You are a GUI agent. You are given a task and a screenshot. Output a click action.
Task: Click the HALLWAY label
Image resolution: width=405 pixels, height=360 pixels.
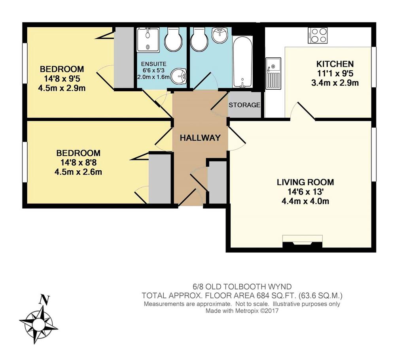[x=200, y=138]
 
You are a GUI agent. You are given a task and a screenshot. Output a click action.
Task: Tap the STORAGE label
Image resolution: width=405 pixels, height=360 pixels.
[x=244, y=105]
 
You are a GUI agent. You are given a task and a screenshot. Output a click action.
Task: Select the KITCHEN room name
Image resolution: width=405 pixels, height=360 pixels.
[x=335, y=64]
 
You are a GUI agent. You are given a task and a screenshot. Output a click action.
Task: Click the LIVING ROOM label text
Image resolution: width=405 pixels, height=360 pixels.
[x=305, y=182]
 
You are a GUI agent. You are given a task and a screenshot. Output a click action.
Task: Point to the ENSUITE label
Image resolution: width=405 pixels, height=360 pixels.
[x=154, y=64]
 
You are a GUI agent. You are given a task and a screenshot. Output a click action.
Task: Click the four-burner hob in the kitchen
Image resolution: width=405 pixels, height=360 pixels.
[x=318, y=35]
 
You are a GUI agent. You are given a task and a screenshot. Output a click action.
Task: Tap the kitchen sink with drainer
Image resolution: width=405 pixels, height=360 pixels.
[x=273, y=73]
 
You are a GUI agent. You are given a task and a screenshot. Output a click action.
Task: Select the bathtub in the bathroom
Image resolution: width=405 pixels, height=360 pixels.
[x=242, y=62]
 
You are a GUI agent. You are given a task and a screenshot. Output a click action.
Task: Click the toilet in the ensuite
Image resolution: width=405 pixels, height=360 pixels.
[x=173, y=40]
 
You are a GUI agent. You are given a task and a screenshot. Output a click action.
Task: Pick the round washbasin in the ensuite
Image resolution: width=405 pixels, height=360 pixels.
[x=179, y=76]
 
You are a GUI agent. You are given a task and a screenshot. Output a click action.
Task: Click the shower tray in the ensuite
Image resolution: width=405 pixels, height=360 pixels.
[x=148, y=40]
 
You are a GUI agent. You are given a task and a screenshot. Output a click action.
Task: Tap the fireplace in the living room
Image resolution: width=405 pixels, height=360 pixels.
[x=303, y=239]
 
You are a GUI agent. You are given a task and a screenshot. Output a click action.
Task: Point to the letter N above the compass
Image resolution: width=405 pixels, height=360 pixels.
[x=44, y=300]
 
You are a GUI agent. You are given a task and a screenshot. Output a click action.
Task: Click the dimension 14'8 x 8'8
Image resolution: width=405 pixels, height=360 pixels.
[x=79, y=162]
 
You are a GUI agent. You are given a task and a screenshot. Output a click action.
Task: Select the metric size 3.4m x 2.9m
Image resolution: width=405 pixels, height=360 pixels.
[x=335, y=83]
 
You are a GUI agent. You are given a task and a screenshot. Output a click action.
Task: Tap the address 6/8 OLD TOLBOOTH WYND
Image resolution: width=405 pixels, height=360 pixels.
[x=242, y=286]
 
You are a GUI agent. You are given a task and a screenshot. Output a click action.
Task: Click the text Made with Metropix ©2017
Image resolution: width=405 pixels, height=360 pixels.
[x=242, y=311]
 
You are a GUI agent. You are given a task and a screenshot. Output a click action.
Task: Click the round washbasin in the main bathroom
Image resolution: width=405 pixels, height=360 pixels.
[x=220, y=35]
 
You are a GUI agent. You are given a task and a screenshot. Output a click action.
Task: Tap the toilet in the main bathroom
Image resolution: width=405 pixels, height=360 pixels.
[x=199, y=40]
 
